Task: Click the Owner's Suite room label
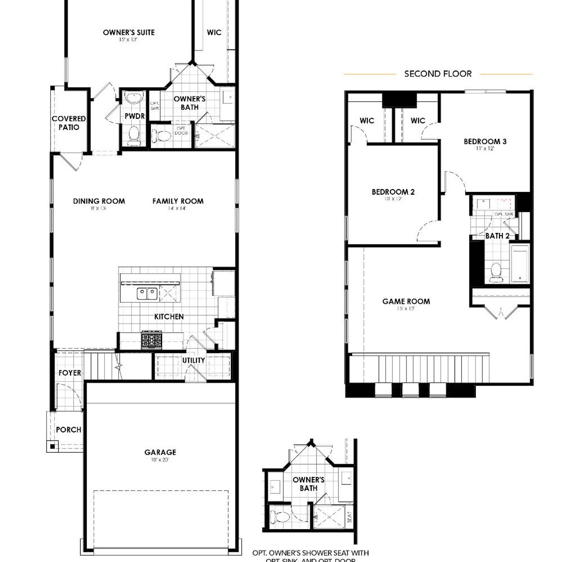tap(129, 33)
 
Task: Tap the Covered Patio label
tap(69, 123)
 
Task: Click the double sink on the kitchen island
tap(147, 294)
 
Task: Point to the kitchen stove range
tap(151, 340)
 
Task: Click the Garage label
tap(160, 452)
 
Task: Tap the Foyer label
tap(70, 373)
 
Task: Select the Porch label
tap(69, 430)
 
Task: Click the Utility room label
tap(193, 360)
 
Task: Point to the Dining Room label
tap(99, 201)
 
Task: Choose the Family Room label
tap(178, 201)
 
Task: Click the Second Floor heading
tap(438, 74)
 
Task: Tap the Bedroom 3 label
tap(485, 141)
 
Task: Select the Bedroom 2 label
tap(393, 192)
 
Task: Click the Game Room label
tap(406, 301)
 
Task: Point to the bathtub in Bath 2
tap(520, 264)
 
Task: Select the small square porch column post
tap(52, 446)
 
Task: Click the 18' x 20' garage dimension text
tap(160, 460)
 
